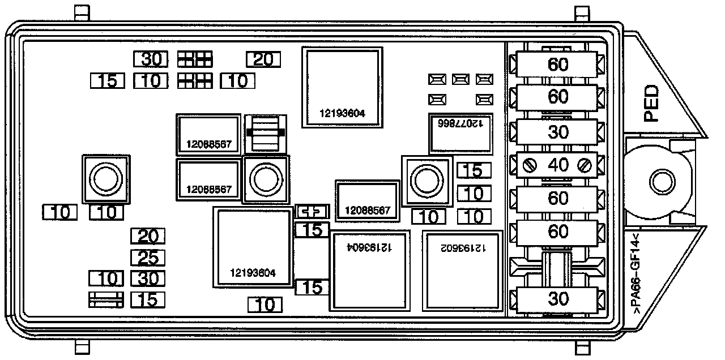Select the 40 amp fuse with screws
pos(558,165)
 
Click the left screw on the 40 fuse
pos(530,166)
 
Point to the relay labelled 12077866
pos(460,133)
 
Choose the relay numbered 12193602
pos(463,271)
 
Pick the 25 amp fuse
pos(148,258)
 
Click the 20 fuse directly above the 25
pos(148,236)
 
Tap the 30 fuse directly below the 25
pos(148,278)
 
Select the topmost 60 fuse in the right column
pos(558,65)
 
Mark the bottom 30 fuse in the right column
pos(558,298)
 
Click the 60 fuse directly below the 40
pos(558,198)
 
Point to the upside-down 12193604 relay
pos(369,271)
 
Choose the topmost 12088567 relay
pos(209,135)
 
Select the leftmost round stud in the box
pos(104,179)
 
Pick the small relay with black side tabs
pos(265,133)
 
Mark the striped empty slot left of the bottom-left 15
pos(106,300)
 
